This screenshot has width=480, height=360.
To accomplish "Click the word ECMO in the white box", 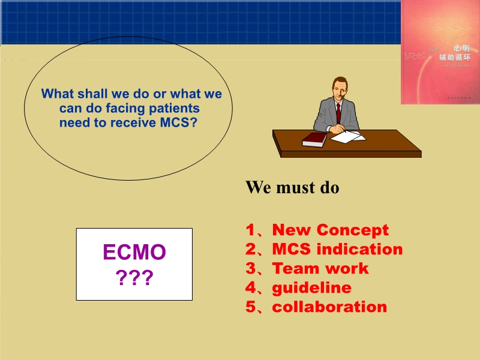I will pyautogui.click(x=134, y=252).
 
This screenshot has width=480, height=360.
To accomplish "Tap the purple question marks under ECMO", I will pyautogui.click(x=134, y=278).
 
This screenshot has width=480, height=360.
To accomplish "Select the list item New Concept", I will pyautogui.click(x=330, y=230).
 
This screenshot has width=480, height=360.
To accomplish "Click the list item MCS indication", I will pyautogui.click(x=337, y=249).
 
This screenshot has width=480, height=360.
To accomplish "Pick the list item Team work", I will pyautogui.click(x=320, y=268).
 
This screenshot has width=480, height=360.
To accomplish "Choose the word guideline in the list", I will pyautogui.click(x=311, y=287).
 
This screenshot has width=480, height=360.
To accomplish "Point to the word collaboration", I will pyautogui.click(x=329, y=307).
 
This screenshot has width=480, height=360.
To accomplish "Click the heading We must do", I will pyautogui.click(x=292, y=187).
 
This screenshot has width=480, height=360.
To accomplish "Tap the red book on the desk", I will pyautogui.click(x=314, y=139).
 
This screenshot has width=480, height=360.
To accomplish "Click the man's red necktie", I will pyautogui.click(x=338, y=113).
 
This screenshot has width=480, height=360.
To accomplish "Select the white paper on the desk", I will pyautogui.click(x=347, y=137).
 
